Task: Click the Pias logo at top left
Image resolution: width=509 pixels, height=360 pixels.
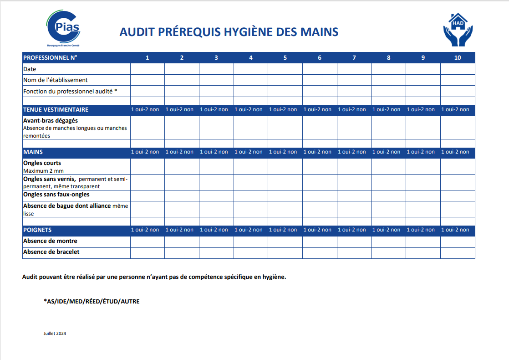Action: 63,28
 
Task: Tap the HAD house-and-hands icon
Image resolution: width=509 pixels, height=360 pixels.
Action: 458,30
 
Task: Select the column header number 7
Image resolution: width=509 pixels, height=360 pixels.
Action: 354,58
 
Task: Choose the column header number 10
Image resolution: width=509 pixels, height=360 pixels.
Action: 457,58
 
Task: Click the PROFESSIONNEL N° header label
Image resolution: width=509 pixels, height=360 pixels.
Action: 50,58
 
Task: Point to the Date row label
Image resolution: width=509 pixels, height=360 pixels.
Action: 30,69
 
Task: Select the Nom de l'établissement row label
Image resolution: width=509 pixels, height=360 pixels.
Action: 56,80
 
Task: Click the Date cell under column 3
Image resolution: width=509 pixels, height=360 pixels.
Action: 216,69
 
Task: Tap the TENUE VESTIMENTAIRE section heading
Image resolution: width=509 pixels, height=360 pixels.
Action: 56,110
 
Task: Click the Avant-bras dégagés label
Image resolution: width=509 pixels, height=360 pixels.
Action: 51,121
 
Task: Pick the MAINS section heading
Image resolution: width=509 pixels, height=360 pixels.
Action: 33,152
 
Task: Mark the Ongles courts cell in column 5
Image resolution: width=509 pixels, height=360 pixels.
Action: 285,166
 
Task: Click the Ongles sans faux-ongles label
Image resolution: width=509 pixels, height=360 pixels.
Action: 56,195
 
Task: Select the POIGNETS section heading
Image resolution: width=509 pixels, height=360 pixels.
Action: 37,230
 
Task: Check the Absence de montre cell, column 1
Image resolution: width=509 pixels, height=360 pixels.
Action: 148,242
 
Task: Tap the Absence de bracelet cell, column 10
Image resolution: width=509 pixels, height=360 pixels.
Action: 457,253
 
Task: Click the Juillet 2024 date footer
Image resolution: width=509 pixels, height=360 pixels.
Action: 55,334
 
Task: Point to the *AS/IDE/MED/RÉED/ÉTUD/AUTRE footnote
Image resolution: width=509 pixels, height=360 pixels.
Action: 92,302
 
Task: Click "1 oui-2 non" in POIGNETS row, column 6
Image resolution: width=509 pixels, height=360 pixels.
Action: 320,230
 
